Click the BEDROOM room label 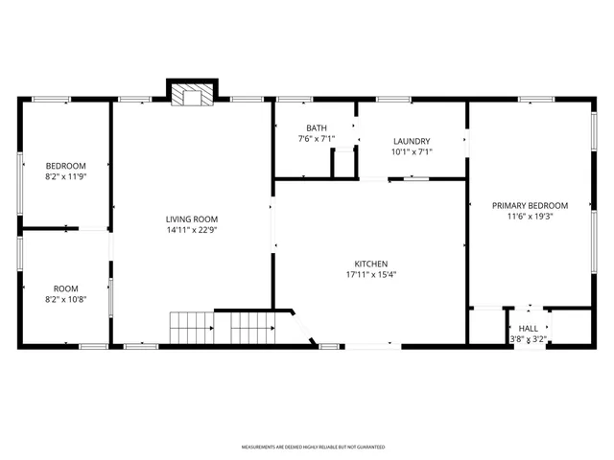(65, 166)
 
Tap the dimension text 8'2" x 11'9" (65, 176)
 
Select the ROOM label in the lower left (65, 288)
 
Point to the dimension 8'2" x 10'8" (65, 299)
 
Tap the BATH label (317, 128)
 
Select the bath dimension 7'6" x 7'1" (317, 139)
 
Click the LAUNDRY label (412, 141)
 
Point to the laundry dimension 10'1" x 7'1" (412, 151)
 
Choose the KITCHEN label (370, 264)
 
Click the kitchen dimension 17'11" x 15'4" (370, 275)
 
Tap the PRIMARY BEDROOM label (530, 205)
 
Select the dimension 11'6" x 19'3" (530, 217)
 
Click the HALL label (528, 328)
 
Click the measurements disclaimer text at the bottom (313, 448)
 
